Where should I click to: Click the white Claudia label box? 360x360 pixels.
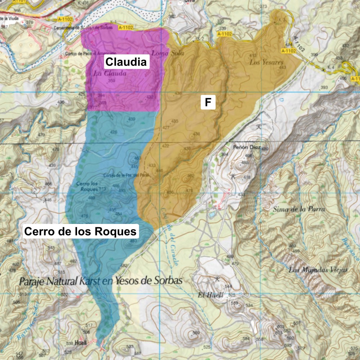click(126, 62)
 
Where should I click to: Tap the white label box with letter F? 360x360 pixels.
click(208, 103)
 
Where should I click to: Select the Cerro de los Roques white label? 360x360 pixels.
click(80, 231)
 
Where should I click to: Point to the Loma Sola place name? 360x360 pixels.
click(168, 53)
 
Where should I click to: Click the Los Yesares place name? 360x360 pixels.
click(266, 62)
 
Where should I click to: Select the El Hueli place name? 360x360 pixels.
click(211, 295)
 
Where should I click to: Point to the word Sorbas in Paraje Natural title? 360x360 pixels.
click(166, 280)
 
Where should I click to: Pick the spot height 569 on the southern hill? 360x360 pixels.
click(196, 332)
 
